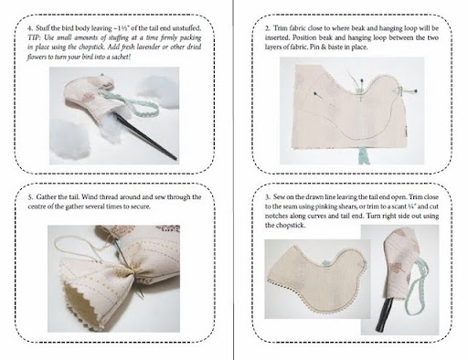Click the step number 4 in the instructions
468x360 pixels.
tap(30, 28)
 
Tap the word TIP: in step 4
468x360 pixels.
tap(32, 37)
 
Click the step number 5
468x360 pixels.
tap(30, 197)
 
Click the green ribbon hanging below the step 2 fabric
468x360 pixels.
tap(364, 155)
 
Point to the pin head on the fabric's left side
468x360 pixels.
tap(314, 92)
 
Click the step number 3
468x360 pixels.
tap(267, 197)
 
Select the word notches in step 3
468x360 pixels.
tap(275, 216)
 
